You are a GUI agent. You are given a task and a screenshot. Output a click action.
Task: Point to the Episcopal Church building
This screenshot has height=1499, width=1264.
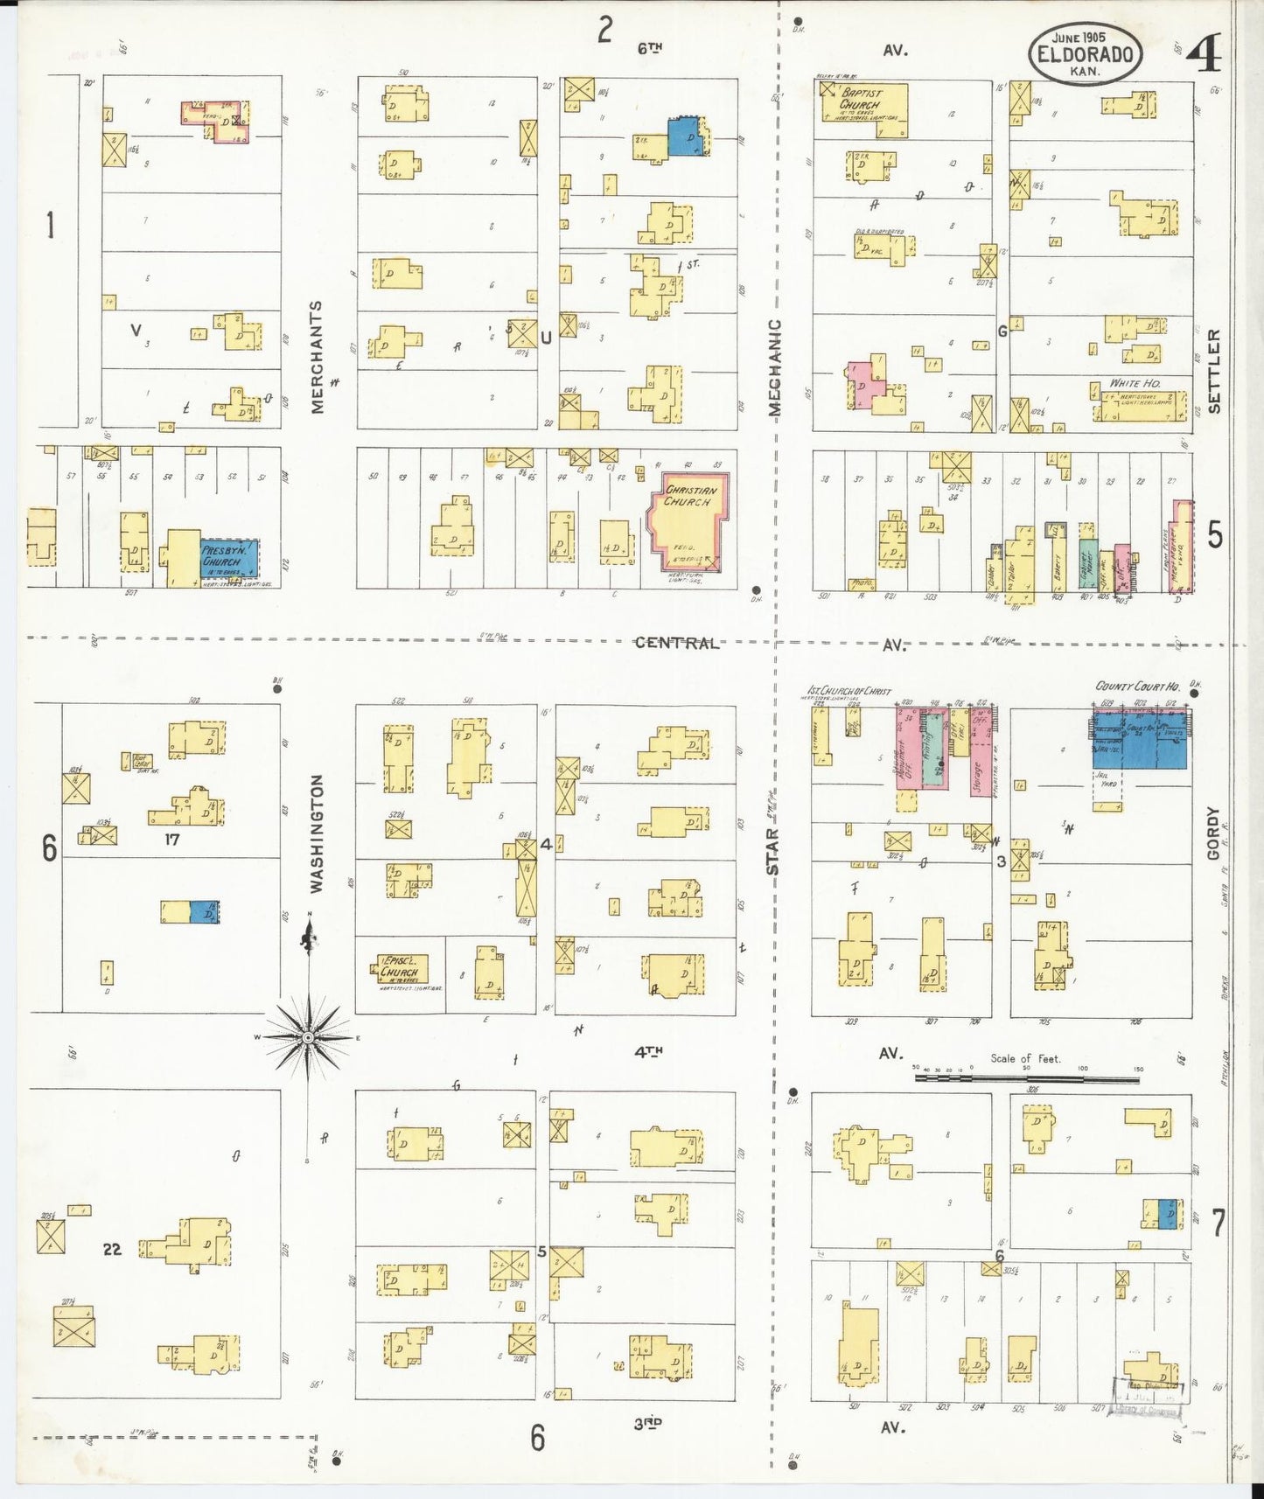pyautogui.click(x=401, y=969)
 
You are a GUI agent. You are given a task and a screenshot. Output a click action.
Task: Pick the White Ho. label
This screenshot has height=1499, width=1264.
pyautogui.click(x=1135, y=383)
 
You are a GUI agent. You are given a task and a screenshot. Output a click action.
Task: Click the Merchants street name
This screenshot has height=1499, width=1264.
pyautogui.click(x=317, y=357)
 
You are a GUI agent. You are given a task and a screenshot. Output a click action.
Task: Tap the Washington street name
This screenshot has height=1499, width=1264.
pyautogui.click(x=317, y=833)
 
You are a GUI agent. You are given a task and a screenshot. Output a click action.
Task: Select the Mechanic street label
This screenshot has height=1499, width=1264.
pyautogui.click(x=775, y=367)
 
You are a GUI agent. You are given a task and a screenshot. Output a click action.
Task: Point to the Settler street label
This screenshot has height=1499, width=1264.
pyautogui.click(x=1214, y=371)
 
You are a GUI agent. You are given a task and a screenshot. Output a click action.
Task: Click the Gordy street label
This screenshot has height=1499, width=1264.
pyautogui.click(x=1213, y=833)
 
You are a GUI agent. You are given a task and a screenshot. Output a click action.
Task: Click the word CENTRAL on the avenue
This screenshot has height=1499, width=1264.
pyautogui.click(x=677, y=643)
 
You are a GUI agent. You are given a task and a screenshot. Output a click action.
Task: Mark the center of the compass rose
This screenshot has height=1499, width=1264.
pyautogui.click(x=308, y=1037)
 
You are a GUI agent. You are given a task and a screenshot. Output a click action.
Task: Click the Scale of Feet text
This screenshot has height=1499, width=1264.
pyautogui.click(x=1025, y=1058)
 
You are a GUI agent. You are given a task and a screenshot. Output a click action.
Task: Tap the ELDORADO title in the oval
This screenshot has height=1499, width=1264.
pyautogui.click(x=1086, y=54)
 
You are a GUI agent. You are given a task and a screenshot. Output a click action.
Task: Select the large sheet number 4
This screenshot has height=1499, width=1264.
pyautogui.click(x=1205, y=57)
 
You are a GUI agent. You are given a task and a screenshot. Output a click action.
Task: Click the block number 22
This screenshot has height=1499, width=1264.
pyautogui.click(x=112, y=1249)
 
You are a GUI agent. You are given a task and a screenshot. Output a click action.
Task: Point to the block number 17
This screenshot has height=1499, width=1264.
pyautogui.click(x=171, y=840)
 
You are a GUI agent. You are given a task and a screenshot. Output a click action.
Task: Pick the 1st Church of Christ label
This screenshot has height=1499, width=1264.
pyautogui.click(x=848, y=691)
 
